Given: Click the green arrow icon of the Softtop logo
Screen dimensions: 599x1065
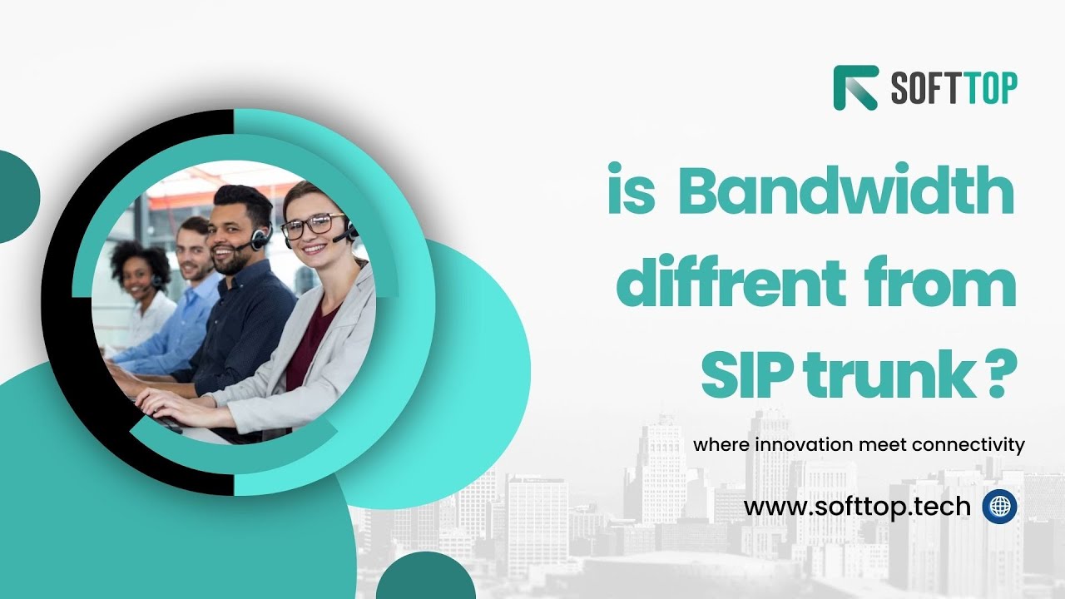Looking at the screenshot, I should coord(855,87).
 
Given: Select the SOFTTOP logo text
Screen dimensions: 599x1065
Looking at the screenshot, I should coord(954,88).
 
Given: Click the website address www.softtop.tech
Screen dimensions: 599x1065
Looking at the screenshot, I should coord(857,506).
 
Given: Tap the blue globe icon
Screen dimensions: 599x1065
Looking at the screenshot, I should coord(999,506).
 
